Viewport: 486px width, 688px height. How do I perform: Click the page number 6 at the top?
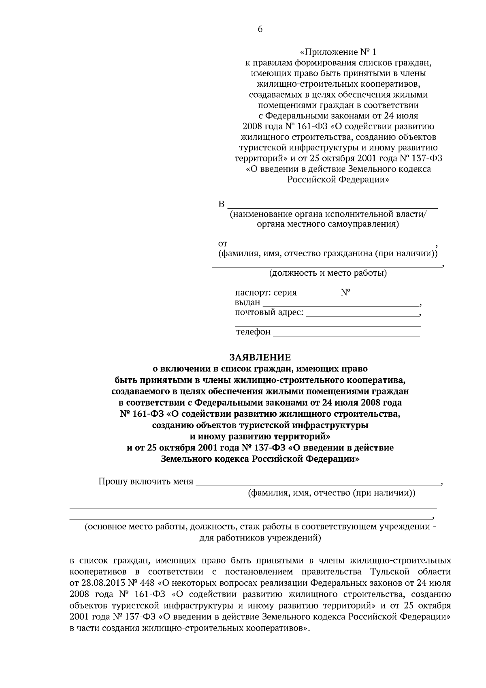point(260,29)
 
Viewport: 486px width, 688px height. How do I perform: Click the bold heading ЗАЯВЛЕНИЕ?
point(260,357)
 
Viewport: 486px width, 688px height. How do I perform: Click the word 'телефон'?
point(253,332)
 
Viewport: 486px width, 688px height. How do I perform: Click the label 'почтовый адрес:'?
point(269,313)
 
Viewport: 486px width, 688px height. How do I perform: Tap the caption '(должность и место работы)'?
point(328,273)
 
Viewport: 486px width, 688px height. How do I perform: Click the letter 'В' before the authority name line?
point(222,204)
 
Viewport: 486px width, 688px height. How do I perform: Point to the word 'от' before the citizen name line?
point(223,244)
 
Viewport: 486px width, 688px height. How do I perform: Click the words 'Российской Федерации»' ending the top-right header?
point(338,180)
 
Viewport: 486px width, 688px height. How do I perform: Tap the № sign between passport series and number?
point(345,292)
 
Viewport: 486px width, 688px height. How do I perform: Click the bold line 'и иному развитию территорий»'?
point(260,437)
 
